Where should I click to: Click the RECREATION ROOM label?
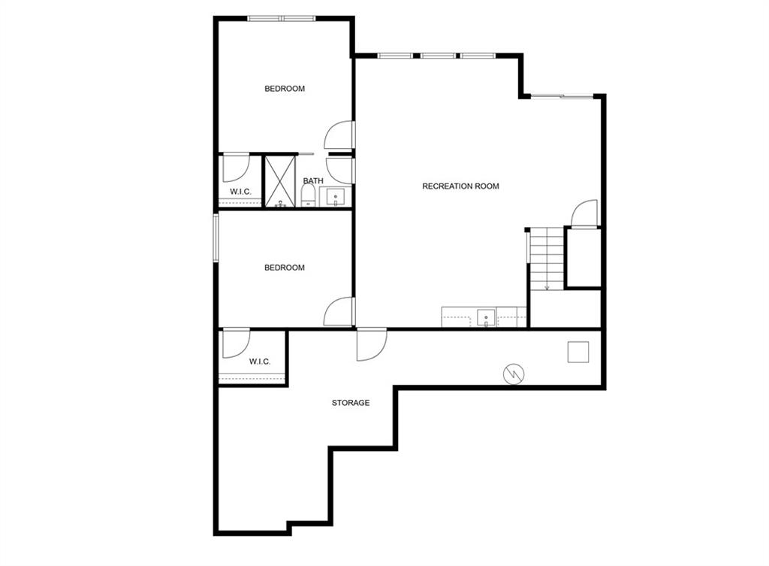click(x=460, y=186)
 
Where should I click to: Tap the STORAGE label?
click(x=351, y=403)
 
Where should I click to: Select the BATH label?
click(x=313, y=180)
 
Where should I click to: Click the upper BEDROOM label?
click(x=285, y=89)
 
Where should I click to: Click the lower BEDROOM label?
click(x=285, y=268)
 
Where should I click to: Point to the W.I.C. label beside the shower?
click(x=241, y=192)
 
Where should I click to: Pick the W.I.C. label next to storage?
click(x=259, y=362)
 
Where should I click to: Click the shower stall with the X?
click(x=281, y=181)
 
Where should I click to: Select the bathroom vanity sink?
click(x=336, y=196)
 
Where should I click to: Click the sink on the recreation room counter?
click(x=486, y=318)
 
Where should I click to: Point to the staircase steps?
click(x=547, y=259)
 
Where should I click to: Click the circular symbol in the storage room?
click(x=514, y=374)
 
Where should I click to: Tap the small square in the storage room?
click(x=578, y=352)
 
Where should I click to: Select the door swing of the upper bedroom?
click(x=339, y=135)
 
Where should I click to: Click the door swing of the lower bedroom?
click(x=339, y=311)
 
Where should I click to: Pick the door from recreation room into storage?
click(x=372, y=345)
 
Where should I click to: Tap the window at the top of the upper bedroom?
click(x=281, y=19)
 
